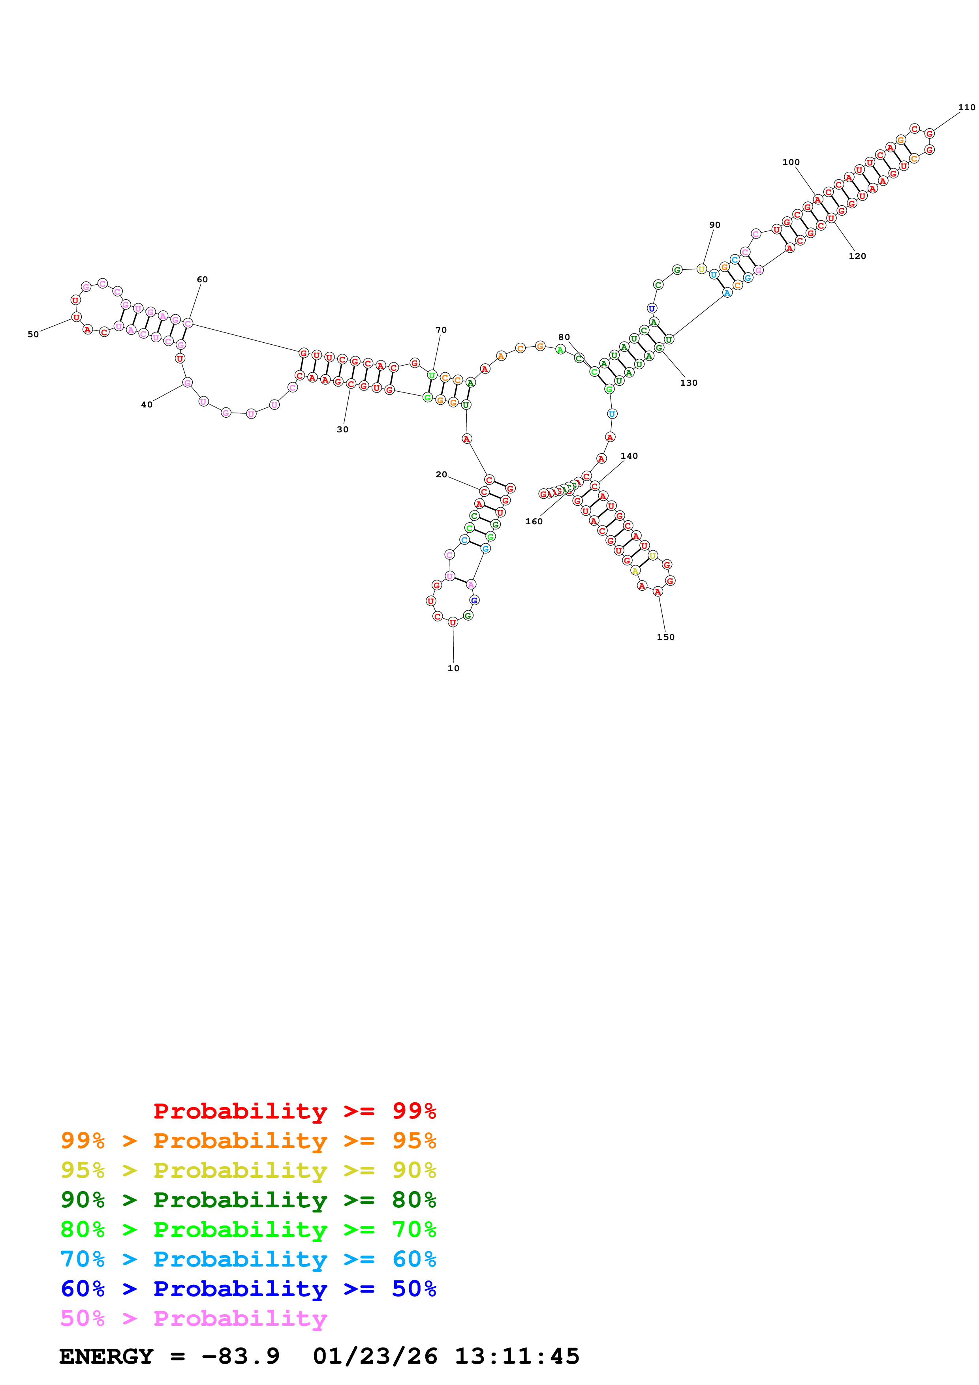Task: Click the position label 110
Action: (966, 107)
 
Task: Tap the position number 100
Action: (791, 162)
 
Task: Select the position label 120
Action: (857, 256)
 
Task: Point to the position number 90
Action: (715, 225)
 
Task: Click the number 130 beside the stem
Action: (689, 383)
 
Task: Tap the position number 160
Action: (534, 522)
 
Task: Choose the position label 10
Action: (454, 668)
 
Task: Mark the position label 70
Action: (441, 330)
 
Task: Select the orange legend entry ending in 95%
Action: (248, 1141)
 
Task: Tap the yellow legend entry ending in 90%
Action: (248, 1170)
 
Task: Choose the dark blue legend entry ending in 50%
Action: (248, 1289)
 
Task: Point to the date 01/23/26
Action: (375, 1356)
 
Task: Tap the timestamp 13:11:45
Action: (517, 1356)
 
